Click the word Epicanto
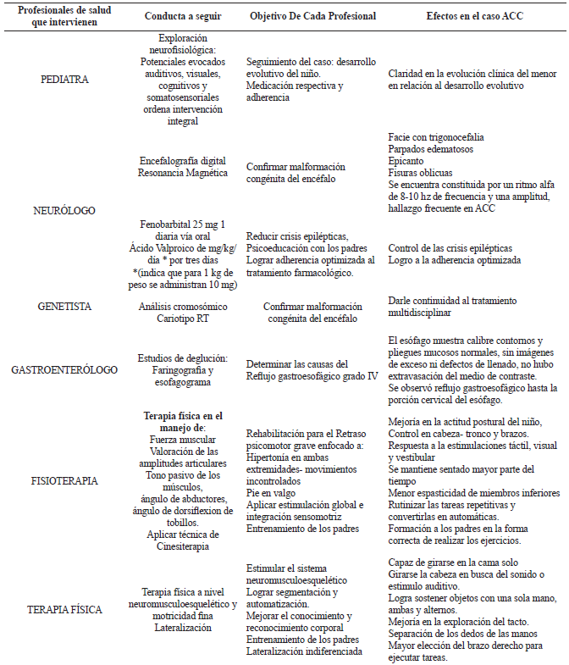click(x=411, y=161)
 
